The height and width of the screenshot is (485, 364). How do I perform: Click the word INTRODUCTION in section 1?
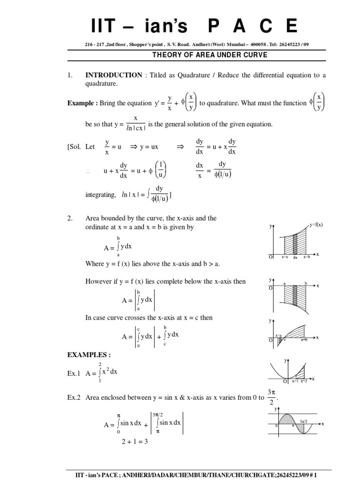click(x=113, y=75)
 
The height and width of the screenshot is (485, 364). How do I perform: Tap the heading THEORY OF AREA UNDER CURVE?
click(x=209, y=55)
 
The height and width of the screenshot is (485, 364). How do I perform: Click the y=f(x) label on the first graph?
click(x=316, y=225)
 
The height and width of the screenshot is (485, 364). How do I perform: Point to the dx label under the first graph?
click(x=295, y=257)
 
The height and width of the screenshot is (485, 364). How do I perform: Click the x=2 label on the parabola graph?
click(x=304, y=381)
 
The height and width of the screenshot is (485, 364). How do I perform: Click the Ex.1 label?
click(x=75, y=373)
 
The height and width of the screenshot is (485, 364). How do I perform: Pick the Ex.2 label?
click(x=75, y=398)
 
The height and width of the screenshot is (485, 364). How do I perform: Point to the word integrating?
click(x=100, y=195)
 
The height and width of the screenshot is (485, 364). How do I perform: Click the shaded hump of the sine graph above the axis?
click(x=286, y=420)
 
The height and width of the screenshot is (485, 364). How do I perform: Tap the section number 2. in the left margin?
click(x=69, y=218)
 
